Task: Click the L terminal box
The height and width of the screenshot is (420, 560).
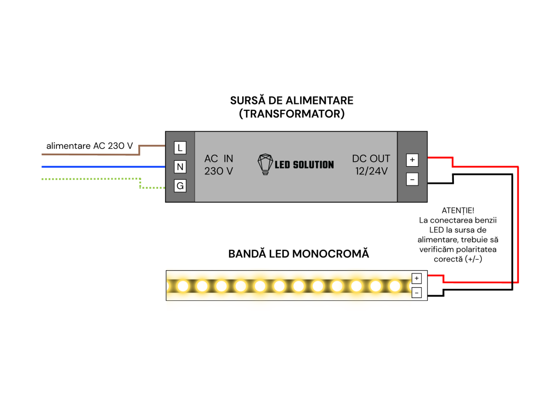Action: point(180,148)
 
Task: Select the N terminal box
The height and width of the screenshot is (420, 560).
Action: point(180,166)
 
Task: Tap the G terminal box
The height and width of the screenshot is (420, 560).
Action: point(180,186)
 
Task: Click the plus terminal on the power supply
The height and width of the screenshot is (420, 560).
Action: point(412,160)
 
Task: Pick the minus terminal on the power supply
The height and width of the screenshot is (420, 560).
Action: point(412,179)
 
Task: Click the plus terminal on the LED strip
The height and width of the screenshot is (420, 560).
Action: point(416,278)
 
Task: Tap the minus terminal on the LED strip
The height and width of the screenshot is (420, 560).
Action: point(416,293)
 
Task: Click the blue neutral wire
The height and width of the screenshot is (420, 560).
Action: point(103,167)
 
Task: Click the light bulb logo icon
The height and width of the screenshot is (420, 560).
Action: point(265,164)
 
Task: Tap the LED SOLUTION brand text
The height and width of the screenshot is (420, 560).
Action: point(304,165)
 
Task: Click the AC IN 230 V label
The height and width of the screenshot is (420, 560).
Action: point(219,165)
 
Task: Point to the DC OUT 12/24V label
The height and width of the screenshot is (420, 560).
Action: point(371,165)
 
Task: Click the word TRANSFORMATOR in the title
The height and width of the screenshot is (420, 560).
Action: point(292,114)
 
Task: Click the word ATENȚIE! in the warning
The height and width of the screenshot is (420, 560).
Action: point(458,211)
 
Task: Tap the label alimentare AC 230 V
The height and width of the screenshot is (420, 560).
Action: point(90,145)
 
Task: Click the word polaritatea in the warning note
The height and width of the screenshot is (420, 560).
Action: point(476,249)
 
